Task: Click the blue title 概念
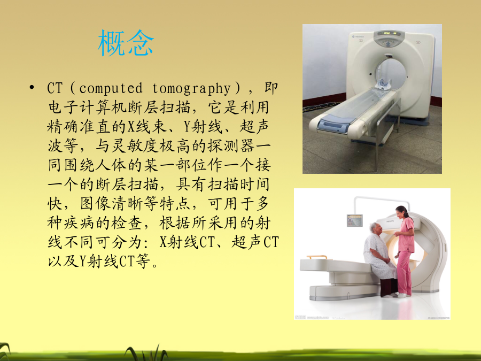coord(126,43)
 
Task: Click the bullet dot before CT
coord(32,88)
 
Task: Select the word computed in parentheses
coord(111,88)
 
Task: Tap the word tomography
coord(191,89)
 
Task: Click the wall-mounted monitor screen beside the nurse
coord(355,220)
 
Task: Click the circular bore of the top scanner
coord(390,74)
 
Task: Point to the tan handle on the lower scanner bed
coord(317,257)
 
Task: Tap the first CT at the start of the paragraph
coord(55,88)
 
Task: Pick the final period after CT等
coord(154,265)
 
